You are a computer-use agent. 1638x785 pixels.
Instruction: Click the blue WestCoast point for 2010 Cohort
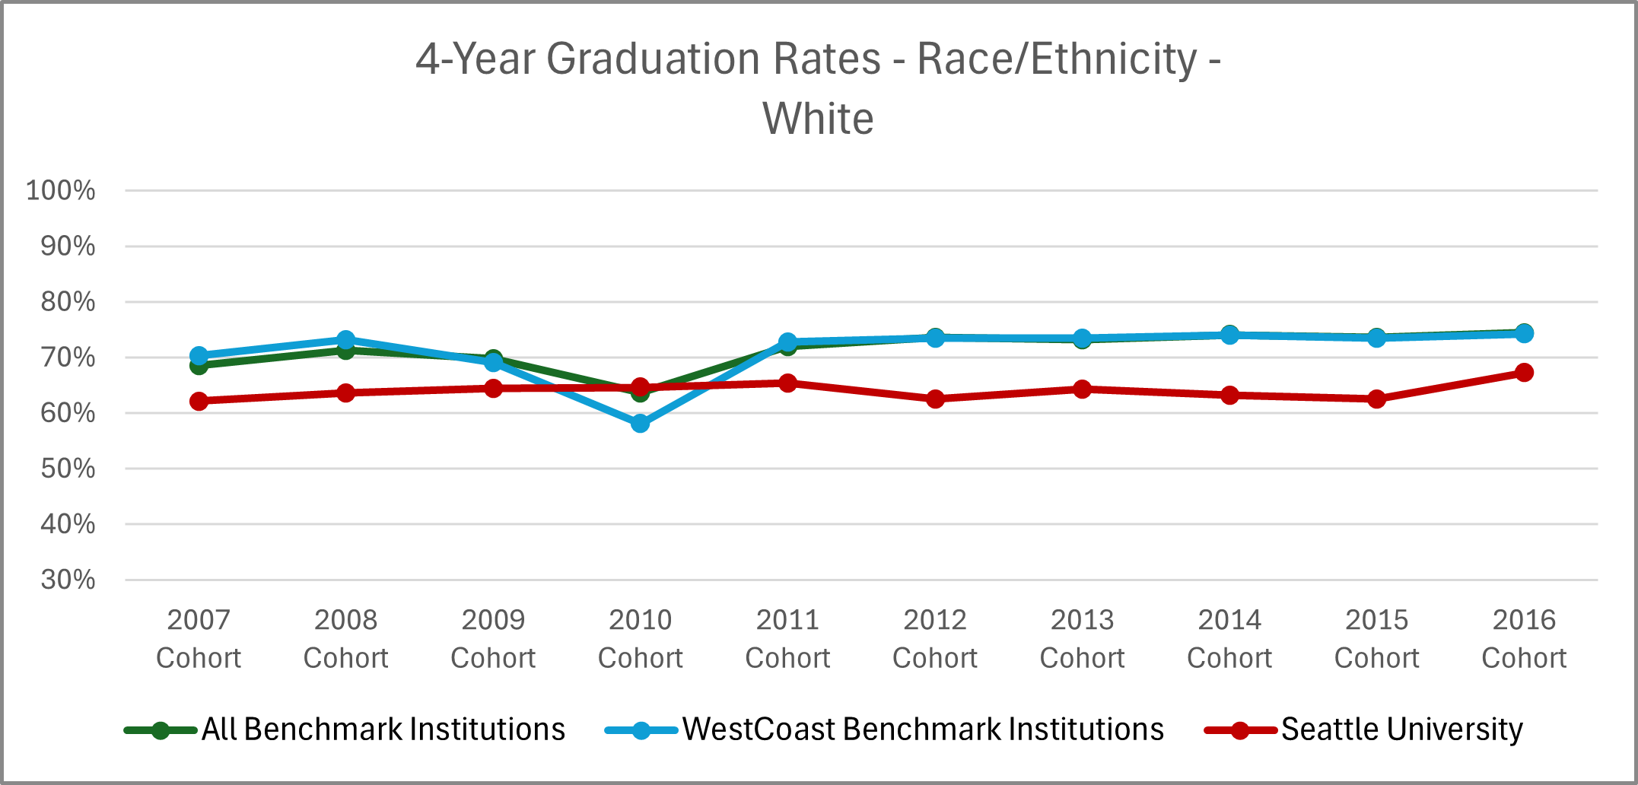point(641,423)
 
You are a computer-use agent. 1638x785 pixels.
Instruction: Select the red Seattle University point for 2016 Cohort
point(1524,372)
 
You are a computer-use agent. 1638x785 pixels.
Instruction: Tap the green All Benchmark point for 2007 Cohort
point(199,366)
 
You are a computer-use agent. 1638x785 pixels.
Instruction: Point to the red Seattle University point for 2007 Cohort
point(199,401)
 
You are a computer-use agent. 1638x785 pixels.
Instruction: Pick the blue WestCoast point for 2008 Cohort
point(346,339)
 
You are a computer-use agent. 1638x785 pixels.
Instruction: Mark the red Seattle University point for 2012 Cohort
point(935,399)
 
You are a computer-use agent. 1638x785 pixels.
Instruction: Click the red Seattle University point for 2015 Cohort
point(1376,399)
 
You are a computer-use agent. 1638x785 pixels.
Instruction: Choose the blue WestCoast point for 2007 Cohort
point(199,355)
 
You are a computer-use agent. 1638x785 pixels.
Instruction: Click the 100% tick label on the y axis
point(61,190)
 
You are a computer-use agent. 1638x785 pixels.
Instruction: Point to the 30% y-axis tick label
point(68,580)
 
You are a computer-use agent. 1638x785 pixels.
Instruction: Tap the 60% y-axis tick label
point(68,413)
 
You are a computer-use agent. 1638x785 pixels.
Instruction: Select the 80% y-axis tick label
point(68,302)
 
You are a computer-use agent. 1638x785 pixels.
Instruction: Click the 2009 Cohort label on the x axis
point(493,638)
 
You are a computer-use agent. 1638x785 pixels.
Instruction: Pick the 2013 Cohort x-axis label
point(1082,638)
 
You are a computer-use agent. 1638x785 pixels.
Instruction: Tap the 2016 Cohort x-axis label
point(1524,638)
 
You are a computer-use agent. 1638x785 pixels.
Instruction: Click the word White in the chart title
point(818,119)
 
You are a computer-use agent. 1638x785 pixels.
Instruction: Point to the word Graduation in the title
point(714,59)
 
